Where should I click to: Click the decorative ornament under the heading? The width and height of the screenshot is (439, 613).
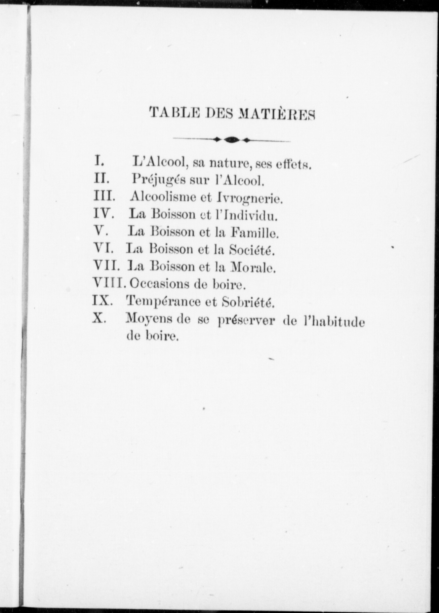click(x=232, y=140)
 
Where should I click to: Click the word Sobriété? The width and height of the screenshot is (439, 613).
click(x=248, y=302)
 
